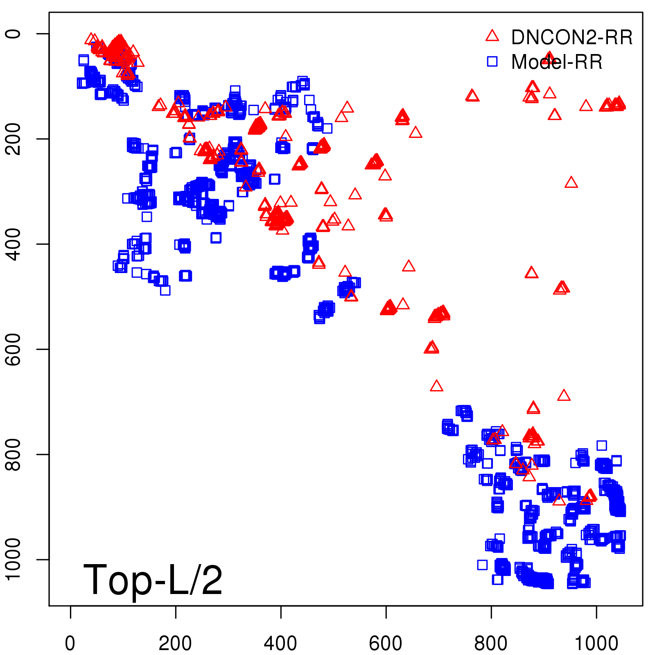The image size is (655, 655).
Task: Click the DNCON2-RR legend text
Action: (x=571, y=38)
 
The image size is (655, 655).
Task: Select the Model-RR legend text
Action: (x=557, y=62)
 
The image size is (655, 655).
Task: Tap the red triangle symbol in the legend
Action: (x=492, y=36)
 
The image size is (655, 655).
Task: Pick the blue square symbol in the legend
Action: (x=492, y=61)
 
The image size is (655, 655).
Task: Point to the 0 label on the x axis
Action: (x=70, y=644)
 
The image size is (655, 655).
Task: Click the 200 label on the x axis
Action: (x=175, y=644)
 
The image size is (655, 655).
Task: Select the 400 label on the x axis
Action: (x=280, y=644)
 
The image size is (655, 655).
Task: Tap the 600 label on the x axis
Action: (x=386, y=644)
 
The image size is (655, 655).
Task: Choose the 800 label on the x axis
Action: (x=491, y=644)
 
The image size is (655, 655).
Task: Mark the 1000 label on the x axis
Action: (x=596, y=644)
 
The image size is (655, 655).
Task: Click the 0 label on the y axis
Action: (x=13, y=34)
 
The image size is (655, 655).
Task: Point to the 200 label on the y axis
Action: (x=13, y=139)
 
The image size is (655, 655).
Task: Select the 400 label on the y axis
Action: (x=13, y=244)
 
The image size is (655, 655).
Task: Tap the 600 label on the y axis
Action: (x=13, y=349)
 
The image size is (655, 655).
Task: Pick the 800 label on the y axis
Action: (x=13, y=454)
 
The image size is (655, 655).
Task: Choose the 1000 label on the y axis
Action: (x=13, y=559)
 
